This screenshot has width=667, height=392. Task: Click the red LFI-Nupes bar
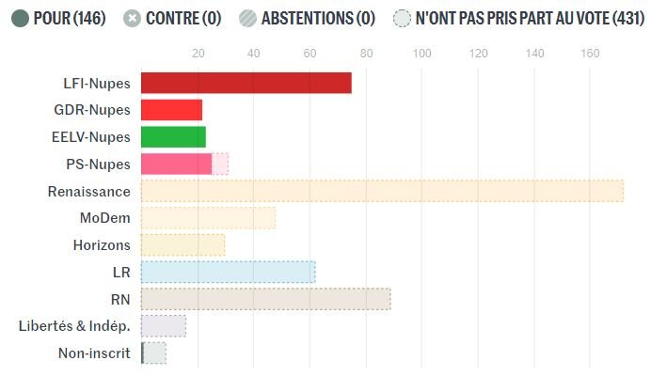coord(246,83)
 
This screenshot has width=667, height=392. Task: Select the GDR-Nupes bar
coord(171,110)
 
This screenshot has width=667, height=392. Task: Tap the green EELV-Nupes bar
coord(173,137)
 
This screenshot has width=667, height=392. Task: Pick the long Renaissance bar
coord(382,191)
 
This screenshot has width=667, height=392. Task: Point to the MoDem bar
coord(208,218)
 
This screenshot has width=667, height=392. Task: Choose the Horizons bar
coord(183,245)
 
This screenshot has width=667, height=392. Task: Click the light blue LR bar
coord(228,273)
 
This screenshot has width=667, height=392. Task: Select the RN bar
coord(265,299)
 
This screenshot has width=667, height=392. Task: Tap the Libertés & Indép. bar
coord(163,326)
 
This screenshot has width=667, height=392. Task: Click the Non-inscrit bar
coord(153,353)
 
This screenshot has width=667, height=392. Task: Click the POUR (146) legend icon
coord(19,18)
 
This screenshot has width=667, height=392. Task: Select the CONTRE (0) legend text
coord(183,18)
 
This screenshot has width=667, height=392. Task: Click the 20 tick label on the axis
coord(198,54)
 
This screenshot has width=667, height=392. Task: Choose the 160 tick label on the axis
coord(590,54)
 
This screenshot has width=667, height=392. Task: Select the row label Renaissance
coord(88,191)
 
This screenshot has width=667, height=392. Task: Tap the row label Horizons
coord(102,245)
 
